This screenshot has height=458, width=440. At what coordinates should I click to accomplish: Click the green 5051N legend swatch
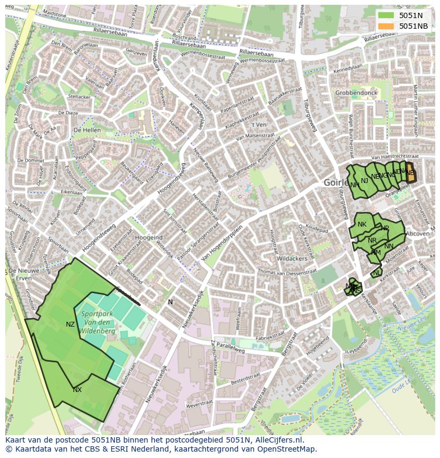(386, 15)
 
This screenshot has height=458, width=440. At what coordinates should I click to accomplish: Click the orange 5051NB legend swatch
(386, 26)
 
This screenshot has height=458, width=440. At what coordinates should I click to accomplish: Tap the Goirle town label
(335, 182)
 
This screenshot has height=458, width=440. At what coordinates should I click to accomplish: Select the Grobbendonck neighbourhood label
(356, 93)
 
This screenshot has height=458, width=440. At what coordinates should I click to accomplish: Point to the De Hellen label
(87, 130)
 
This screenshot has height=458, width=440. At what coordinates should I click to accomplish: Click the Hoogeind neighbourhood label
(149, 237)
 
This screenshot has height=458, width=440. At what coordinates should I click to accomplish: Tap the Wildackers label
(292, 259)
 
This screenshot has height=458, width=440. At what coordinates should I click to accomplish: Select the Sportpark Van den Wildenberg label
(97, 322)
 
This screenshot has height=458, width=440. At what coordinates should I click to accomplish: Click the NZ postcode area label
(70, 324)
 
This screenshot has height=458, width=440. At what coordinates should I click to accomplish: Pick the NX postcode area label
(77, 390)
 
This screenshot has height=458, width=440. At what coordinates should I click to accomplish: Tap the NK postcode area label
(362, 224)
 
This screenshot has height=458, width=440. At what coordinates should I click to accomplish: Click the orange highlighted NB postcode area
(411, 174)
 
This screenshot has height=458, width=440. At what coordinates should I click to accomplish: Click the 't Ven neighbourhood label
(259, 124)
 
